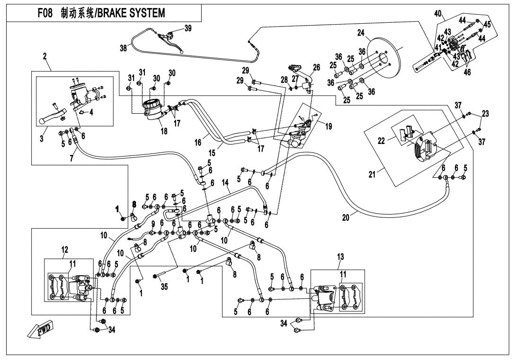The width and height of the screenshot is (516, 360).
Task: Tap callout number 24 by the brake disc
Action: tap(361, 33)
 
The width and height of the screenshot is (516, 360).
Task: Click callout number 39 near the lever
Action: tap(188, 28)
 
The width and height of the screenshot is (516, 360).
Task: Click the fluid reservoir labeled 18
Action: tap(154, 111)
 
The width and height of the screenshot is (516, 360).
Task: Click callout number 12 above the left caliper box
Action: tap(64, 250)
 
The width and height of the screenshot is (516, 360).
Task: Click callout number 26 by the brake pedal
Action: tap(316, 67)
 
